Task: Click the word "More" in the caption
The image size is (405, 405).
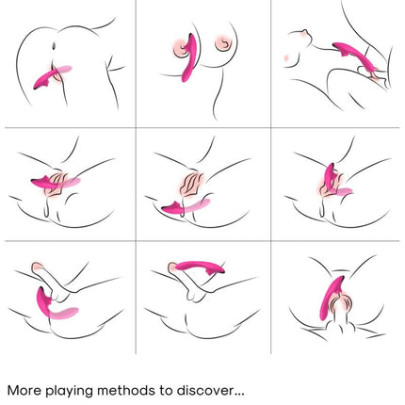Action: pyautogui.click(x=24, y=390)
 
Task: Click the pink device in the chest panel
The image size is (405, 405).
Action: pyautogui.click(x=188, y=59)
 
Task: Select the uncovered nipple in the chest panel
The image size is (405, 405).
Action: pyautogui.click(x=223, y=42)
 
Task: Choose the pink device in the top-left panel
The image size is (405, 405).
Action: pyautogui.click(x=50, y=77)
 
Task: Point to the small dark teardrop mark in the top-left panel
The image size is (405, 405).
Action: pyautogui.click(x=54, y=46)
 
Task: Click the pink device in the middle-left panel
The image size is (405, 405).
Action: pyautogui.click(x=54, y=182)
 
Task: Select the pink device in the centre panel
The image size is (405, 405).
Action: pyautogui.click(x=186, y=205)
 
